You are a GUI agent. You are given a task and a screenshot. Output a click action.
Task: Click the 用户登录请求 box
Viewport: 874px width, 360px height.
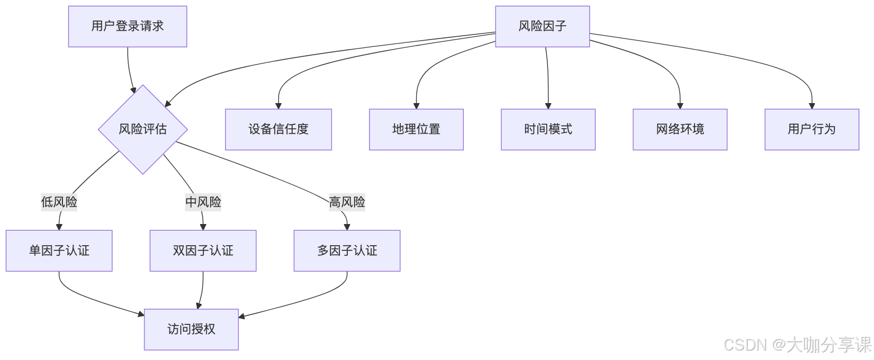pos(128,26)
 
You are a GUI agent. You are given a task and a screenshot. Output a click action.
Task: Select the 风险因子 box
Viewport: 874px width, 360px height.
pos(542,26)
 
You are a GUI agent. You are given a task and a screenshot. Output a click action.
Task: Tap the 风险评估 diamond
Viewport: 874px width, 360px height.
pos(143,129)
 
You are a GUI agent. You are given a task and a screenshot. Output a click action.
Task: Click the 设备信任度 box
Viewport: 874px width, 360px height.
pos(278,129)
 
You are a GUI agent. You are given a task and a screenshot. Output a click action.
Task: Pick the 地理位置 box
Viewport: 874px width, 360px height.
pos(416,129)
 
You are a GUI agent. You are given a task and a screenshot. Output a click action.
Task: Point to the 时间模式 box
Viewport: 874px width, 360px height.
pos(548,129)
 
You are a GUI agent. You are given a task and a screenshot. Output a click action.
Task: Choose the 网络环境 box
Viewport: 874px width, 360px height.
pos(680,129)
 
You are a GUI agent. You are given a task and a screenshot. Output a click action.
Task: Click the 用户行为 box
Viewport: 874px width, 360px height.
pos(812,129)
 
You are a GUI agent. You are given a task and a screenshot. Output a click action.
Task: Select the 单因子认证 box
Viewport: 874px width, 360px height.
pos(59,251)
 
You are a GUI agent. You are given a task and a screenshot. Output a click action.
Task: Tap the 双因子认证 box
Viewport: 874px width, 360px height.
pos(203,251)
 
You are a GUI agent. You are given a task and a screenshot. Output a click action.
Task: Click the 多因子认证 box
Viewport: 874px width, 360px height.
pos(347,251)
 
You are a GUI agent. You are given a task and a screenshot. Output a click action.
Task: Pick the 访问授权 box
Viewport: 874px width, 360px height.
pos(191,329)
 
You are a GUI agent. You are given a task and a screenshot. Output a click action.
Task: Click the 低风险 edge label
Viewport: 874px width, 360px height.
pos(59,202)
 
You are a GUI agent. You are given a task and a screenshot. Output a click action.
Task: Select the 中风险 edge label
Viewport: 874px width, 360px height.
pos(203,202)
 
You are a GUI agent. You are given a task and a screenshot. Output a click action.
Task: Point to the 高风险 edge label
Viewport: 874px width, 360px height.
pos(347,202)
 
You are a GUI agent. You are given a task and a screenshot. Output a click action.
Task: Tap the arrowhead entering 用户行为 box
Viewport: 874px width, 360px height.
pos(812,106)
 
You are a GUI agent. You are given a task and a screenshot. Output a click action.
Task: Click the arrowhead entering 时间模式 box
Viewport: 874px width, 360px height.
pos(548,106)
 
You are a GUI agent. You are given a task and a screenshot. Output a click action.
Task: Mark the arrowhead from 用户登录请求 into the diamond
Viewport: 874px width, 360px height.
pos(134,89)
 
